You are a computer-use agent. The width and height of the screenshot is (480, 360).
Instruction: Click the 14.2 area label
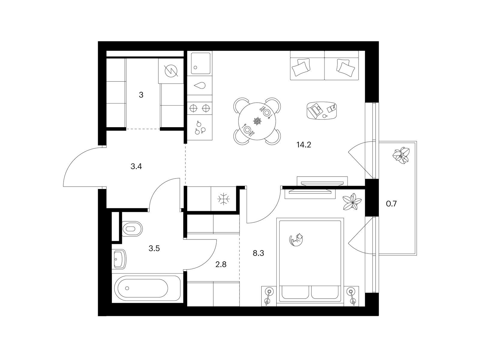click(x=304, y=145)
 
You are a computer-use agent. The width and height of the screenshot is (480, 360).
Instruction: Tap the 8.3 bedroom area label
click(x=258, y=253)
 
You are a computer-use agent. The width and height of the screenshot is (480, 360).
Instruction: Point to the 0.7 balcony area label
click(x=391, y=204)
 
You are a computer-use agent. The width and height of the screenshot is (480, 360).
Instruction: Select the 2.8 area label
click(x=221, y=265)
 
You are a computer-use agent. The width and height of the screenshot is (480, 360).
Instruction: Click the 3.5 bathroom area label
click(x=154, y=248)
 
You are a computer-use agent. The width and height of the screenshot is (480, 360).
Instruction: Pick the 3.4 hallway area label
click(x=136, y=166)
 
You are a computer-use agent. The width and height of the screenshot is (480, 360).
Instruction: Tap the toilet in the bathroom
click(x=132, y=229)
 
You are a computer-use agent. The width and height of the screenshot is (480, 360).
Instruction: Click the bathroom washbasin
click(x=120, y=259)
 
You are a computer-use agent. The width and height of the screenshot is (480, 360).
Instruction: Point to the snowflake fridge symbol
click(x=223, y=199)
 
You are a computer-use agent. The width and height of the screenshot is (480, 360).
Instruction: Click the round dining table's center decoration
click(x=257, y=121)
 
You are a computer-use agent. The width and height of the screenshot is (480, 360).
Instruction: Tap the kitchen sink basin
click(x=201, y=63)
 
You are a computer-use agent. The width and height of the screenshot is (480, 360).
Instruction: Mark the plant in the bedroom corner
click(x=352, y=202)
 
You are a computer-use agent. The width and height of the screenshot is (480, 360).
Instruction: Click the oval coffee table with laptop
click(x=321, y=110)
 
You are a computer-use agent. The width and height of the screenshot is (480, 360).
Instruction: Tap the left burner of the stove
click(x=193, y=108)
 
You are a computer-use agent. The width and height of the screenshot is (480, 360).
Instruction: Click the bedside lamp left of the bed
click(x=269, y=296)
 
